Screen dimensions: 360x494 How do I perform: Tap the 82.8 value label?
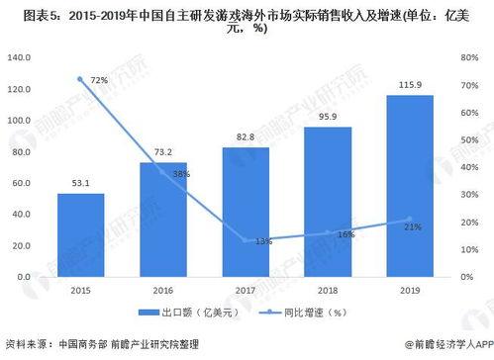[x=247, y=138]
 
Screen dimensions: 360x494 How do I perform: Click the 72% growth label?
[x=99, y=77]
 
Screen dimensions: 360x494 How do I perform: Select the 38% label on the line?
[x=181, y=173]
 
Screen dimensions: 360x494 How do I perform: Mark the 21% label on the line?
[x=413, y=226]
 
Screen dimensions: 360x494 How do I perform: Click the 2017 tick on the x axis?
[x=246, y=292]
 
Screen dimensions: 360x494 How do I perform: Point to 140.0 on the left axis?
[x=22, y=58]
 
